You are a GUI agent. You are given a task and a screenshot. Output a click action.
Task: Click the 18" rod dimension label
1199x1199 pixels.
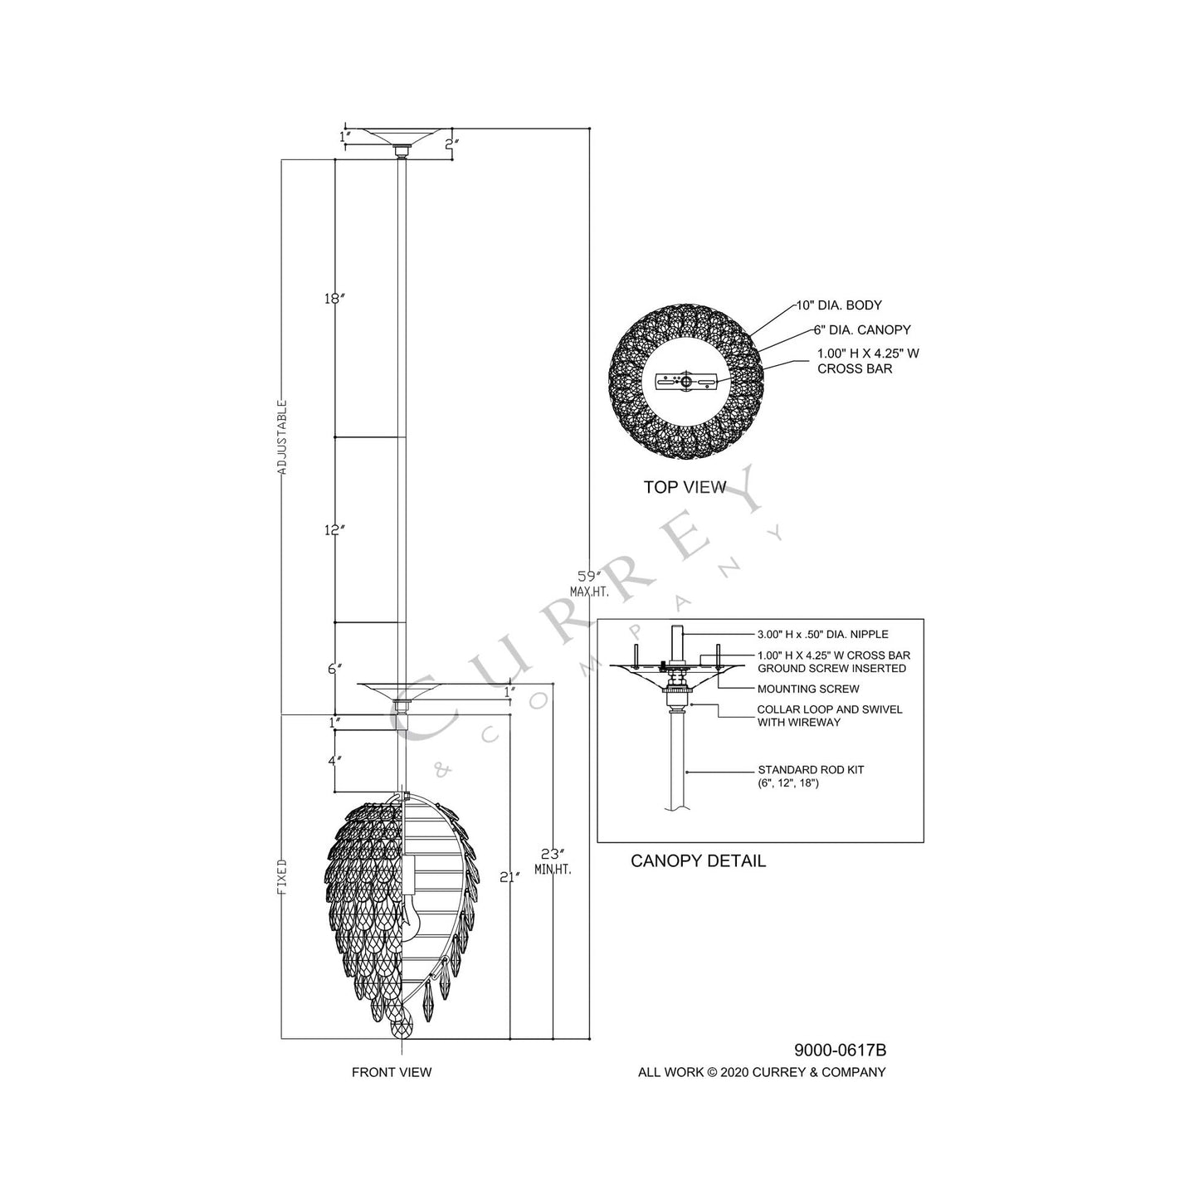[x=334, y=298]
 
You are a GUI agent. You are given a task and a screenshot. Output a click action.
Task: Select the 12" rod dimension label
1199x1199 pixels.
[x=334, y=529]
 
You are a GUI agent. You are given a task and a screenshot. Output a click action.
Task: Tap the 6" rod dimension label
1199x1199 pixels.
[x=334, y=669]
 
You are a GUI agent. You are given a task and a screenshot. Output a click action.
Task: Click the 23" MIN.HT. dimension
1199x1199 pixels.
[x=558, y=860]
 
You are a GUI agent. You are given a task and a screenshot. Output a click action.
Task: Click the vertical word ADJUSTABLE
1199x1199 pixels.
[x=282, y=437]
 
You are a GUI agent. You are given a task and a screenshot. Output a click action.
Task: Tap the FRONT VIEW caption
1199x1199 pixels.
[x=392, y=1072]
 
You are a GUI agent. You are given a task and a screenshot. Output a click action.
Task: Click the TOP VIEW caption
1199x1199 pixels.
[x=685, y=487]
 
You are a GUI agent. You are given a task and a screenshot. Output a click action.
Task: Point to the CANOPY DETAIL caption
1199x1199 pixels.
[x=698, y=861]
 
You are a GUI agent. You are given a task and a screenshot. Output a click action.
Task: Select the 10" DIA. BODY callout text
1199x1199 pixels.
[x=839, y=305]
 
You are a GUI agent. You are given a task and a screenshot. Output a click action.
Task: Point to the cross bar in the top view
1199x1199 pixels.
[x=685, y=383]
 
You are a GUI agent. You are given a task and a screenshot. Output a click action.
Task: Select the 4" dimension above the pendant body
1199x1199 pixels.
[x=334, y=759]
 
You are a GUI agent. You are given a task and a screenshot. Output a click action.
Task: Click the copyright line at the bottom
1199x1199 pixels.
[x=761, y=1072]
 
